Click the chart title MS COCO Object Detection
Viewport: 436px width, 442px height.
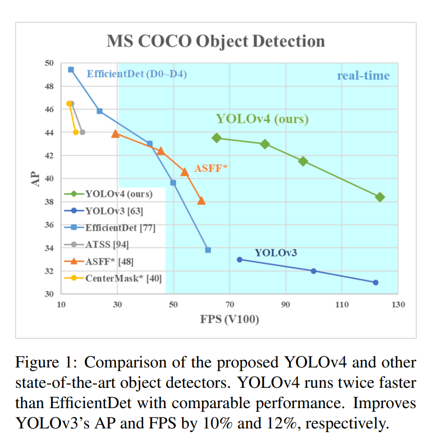tap(215, 41)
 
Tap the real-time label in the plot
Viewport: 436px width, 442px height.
tap(363, 76)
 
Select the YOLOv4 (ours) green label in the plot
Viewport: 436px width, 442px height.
tap(262, 119)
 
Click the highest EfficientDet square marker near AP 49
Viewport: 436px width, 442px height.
tap(71, 69)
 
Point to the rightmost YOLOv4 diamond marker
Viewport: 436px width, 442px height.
tap(380, 197)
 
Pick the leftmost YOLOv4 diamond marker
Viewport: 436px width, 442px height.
tap(217, 138)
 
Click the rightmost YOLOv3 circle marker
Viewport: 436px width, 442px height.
tap(376, 283)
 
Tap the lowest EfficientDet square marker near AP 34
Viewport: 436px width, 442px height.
tap(208, 250)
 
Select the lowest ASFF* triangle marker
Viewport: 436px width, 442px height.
tap(201, 201)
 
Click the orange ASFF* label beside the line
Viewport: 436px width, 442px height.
tap(211, 168)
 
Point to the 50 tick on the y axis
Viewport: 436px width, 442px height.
tap(49, 63)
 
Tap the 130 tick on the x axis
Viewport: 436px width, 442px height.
tap(398, 304)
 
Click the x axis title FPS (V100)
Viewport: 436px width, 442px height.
tap(229, 319)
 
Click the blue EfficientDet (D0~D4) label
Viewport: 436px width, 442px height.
tap(137, 74)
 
